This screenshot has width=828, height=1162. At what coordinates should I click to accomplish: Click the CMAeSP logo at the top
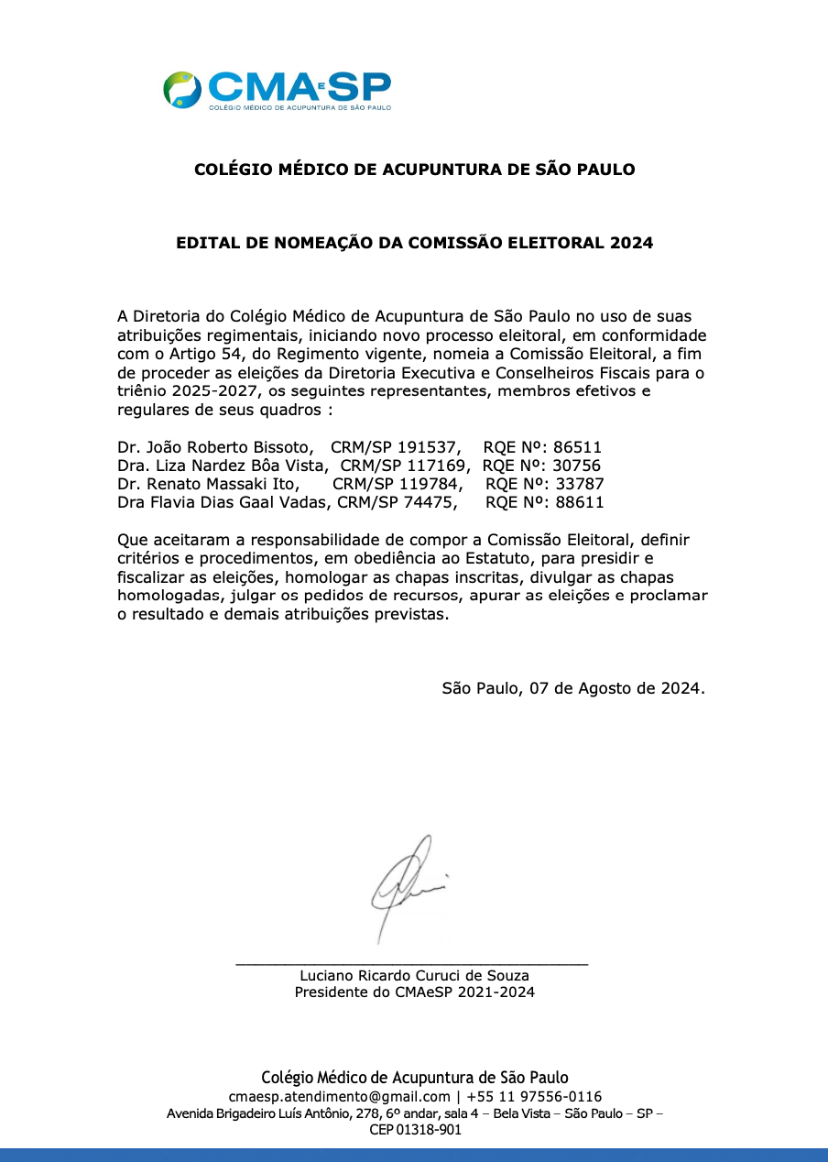click(x=278, y=91)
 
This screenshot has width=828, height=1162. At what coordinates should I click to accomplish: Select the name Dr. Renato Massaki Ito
click(x=208, y=484)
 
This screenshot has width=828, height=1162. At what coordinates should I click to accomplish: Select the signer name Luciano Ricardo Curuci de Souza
click(x=414, y=976)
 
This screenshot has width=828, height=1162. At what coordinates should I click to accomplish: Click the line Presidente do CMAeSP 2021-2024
click(x=414, y=992)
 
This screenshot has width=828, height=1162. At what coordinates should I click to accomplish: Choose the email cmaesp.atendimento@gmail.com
click(x=339, y=1097)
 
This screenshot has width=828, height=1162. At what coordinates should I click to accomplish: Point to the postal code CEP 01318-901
click(x=415, y=1130)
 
